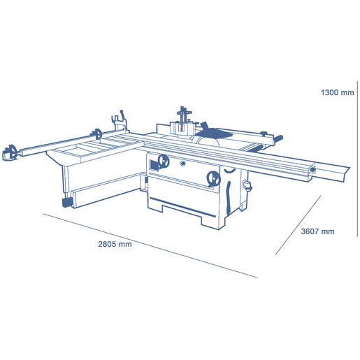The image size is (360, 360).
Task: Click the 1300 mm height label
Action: (x=337, y=92)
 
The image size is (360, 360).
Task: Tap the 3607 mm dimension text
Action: (x=317, y=231)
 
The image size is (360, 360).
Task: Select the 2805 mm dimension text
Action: (x=115, y=244)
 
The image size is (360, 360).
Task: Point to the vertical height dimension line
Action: (x=357, y=159)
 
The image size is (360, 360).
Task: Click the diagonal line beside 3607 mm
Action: (x=298, y=225)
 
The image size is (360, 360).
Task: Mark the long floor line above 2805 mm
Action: (x=150, y=245)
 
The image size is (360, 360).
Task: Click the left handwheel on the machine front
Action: (x=164, y=161)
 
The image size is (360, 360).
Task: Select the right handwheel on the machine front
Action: (x=214, y=179)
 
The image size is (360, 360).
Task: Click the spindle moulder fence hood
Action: (x=182, y=128)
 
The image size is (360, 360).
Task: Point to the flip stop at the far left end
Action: (x=10, y=152)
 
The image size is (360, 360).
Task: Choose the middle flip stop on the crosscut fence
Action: (x=97, y=134)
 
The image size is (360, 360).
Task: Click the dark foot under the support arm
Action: (x=68, y=203)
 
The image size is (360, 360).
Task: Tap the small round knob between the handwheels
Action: (x=183, y=164)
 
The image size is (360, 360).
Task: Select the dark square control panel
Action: (x=154, y=166)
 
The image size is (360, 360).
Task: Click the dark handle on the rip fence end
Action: (x=279, y=138)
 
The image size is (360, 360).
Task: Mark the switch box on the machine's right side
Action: (x=247, y=185)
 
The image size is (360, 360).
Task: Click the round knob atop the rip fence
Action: (x=264, y=134)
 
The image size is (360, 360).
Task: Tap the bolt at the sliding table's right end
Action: (x=312, y=170)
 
